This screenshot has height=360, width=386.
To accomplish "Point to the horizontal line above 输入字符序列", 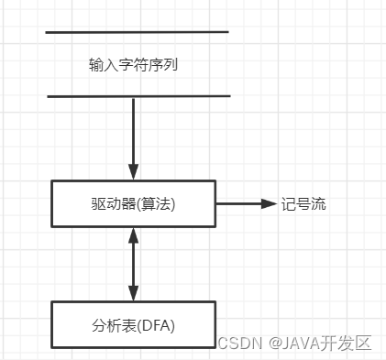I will (137, 33).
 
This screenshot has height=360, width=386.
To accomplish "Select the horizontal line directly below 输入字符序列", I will (138, 95).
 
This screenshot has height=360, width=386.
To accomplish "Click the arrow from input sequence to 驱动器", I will (134, 133).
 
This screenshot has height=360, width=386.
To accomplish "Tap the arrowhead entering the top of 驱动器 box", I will (134, 171).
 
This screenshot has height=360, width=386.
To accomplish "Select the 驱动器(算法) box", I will (134, 203).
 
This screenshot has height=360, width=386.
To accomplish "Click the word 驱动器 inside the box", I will (114, 203).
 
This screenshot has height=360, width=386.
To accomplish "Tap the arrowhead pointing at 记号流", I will (270, 203).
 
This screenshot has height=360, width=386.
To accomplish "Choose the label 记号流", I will (303, 203).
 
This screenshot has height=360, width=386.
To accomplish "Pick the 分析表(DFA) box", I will (134, 323).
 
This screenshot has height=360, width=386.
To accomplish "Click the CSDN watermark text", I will (239, 344).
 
